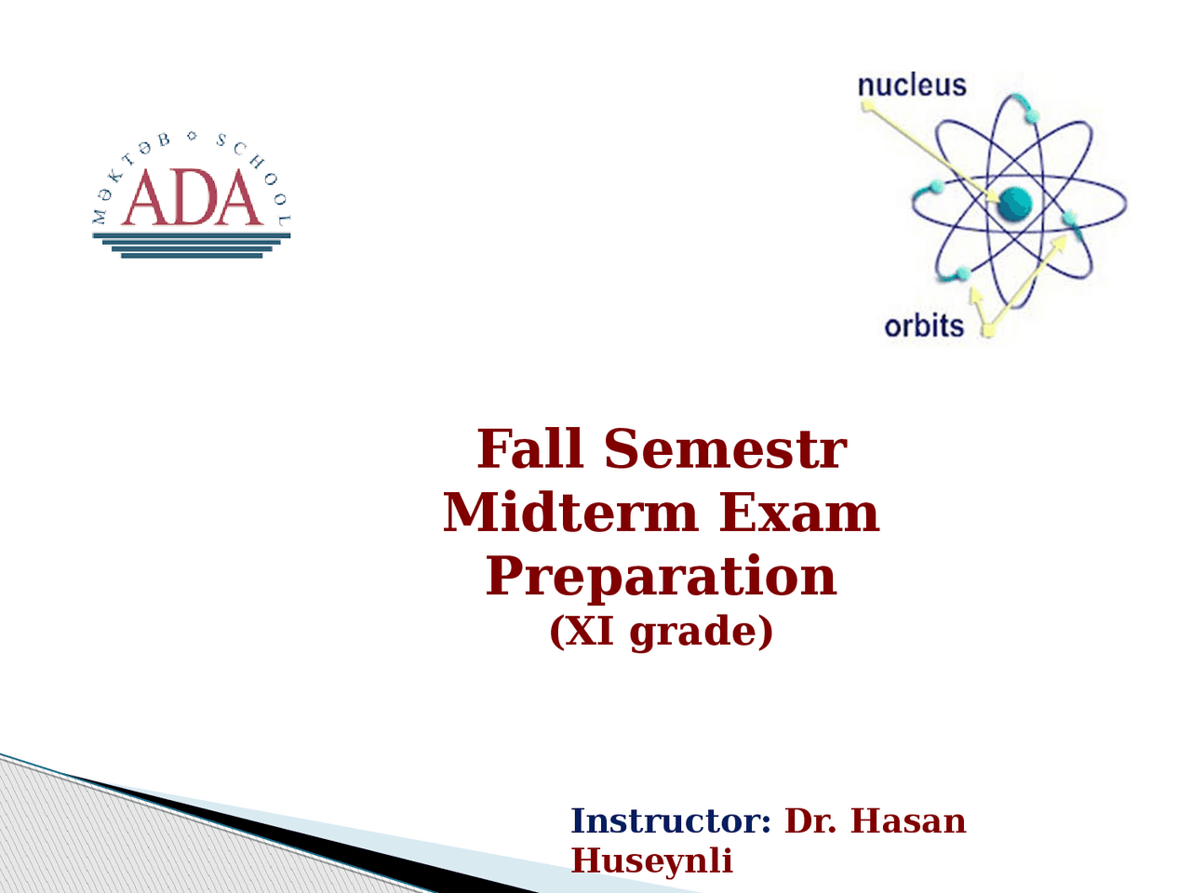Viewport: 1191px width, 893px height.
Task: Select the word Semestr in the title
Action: click(726, 448)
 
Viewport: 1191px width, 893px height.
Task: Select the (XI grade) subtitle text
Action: click(661, 632)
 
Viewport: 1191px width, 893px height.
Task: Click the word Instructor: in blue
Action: click(671, 820)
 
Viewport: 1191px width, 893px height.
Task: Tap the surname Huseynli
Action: click(651, 861)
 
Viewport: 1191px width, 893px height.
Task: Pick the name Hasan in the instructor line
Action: click(908, 820)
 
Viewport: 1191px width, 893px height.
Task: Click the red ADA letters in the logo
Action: click(192, 197)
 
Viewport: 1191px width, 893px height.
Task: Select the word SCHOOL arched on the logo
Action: click(258, 175)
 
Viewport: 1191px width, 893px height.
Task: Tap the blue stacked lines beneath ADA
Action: click(192, 245)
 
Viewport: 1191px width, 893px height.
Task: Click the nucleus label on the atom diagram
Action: click(912, 86)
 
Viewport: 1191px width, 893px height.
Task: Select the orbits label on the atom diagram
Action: click(924, 327)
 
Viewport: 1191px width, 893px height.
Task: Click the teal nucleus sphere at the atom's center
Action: click(1014, 204)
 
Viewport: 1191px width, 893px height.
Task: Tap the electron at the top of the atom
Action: click(1033, 116)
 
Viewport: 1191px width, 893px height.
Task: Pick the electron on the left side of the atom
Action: click(937, 187)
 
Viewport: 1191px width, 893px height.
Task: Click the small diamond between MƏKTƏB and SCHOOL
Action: click(192, 136)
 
